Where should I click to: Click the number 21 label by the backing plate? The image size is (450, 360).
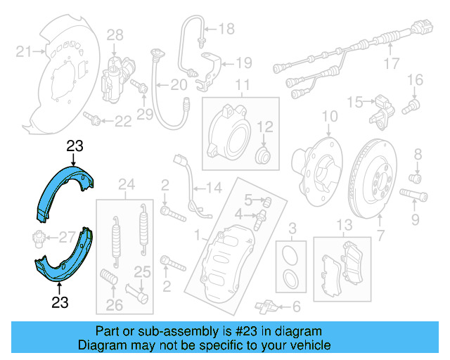tap(23, 51)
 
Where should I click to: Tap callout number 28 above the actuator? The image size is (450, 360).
tap(115, 34)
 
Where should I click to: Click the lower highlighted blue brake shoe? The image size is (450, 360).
tap(63, 259)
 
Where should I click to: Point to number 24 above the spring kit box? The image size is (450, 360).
tap(126, 186)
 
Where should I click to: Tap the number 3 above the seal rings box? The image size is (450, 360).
tap(293, 226)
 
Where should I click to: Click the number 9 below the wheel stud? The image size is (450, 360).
tap(414, 221)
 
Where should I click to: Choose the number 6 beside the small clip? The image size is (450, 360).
tap(296, 306)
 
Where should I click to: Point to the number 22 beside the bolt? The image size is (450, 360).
tap(123, 122)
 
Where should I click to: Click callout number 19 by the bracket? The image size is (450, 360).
tap(243, 63)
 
